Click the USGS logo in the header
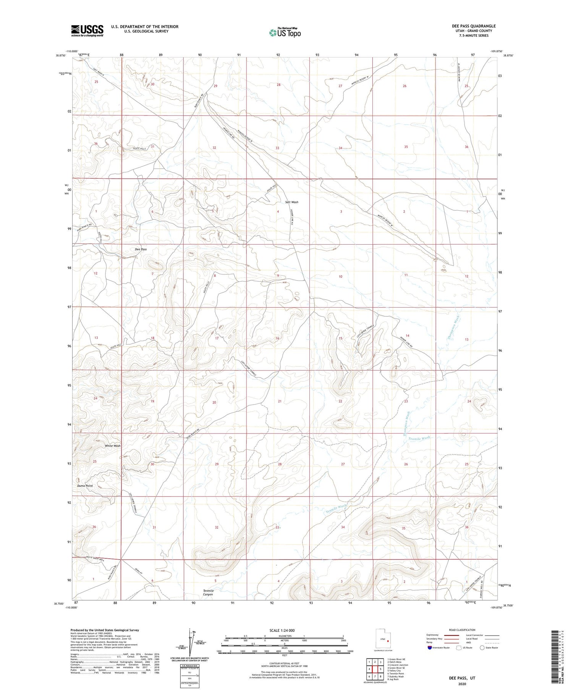click(x=87, y=31)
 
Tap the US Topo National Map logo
click(x=285, y=32)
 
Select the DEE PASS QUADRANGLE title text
click(x=474, y=26)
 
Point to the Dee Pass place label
click(x=141, y=249)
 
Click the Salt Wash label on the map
click(x=291, y=202)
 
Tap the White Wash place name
click(x=113, y=446)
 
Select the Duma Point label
click(x=85, y=486)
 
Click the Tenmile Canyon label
click(x=208, y=592)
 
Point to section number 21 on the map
click(x=280, y=401)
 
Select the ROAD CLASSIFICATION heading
click(x=462, y=630)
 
